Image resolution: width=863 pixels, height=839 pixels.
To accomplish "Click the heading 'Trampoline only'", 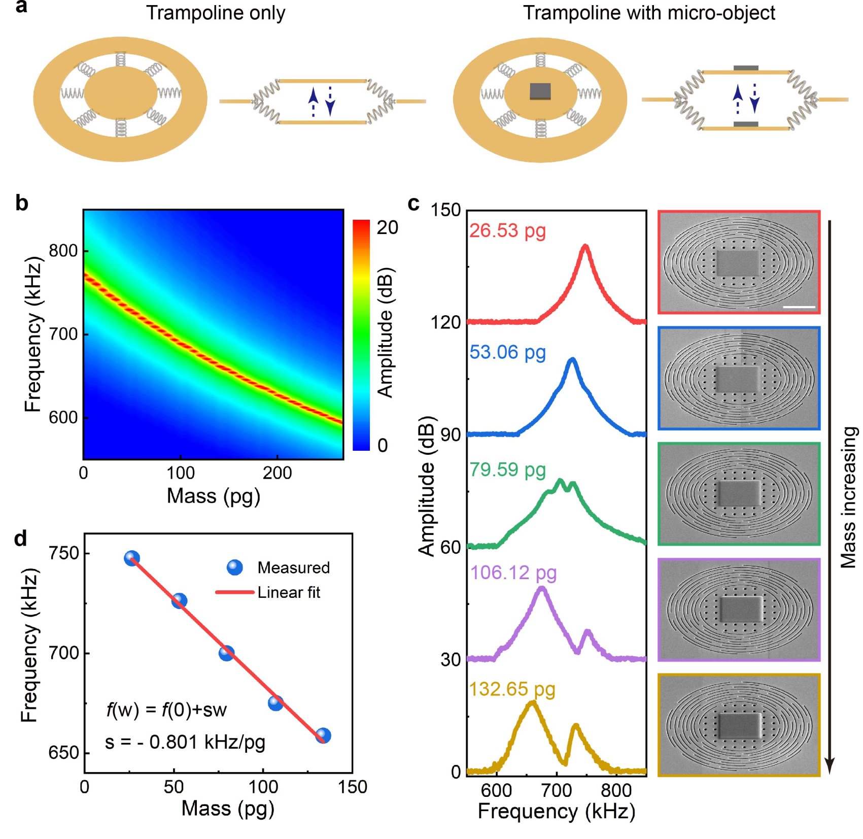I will coord(216,13).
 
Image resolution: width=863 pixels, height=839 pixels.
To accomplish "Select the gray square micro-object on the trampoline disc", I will coord(540,91).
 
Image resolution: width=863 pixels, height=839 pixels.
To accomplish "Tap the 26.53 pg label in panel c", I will coord(507,230).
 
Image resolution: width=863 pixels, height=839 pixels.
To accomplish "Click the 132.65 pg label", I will coord(512,689).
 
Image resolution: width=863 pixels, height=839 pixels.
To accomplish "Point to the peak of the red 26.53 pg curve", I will coord(585,246).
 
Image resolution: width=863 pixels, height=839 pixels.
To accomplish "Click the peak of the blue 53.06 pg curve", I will coord(573,360).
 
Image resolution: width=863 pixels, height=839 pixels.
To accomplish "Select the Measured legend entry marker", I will coord(234,567).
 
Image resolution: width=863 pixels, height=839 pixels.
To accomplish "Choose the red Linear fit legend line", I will coord(234,592).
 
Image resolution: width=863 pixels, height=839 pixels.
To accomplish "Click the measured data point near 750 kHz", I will coord(132,558).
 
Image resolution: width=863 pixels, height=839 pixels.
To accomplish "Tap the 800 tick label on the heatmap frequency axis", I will coord(63,251).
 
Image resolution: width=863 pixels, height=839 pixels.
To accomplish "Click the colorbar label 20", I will coord(387,227).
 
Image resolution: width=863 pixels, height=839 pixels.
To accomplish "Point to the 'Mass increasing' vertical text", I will coord(848,497).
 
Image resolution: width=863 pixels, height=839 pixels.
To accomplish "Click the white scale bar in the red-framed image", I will coord(799,307).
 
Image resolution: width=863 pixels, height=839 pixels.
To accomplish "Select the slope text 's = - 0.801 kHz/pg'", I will coord(185,742).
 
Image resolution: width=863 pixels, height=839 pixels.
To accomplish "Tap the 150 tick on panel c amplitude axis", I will coord(445,210).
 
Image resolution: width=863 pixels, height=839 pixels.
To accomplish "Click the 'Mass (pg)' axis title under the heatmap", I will coord(213,495).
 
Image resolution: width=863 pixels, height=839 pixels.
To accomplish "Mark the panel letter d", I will coord(20,539).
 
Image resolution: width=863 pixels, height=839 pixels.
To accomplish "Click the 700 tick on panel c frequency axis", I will coord(557,790).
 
